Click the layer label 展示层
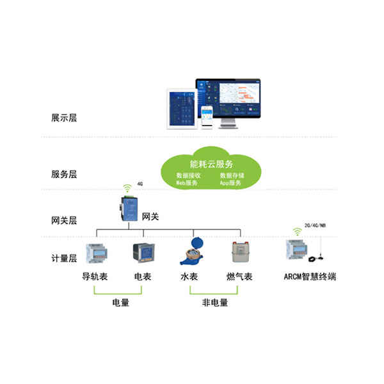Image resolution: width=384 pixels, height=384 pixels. (64, 118)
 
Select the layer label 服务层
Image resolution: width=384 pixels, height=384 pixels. (64, 173)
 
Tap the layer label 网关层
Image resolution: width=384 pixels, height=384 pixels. (64, 221)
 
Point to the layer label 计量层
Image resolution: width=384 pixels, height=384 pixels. (64, 259)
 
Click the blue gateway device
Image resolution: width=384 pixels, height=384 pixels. (127, 209)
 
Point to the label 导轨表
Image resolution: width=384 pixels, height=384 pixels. (94, 277)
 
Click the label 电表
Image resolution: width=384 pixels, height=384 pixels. (142, 277)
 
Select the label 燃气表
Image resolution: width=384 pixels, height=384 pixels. (240, 277)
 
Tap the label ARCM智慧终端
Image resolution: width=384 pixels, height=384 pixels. (310, 277)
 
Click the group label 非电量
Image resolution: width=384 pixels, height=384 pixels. (214, 303)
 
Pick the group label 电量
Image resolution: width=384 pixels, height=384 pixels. (120, 303)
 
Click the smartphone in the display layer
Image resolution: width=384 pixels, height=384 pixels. (206, 117)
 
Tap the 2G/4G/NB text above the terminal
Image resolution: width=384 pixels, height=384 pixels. (315, 226)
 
